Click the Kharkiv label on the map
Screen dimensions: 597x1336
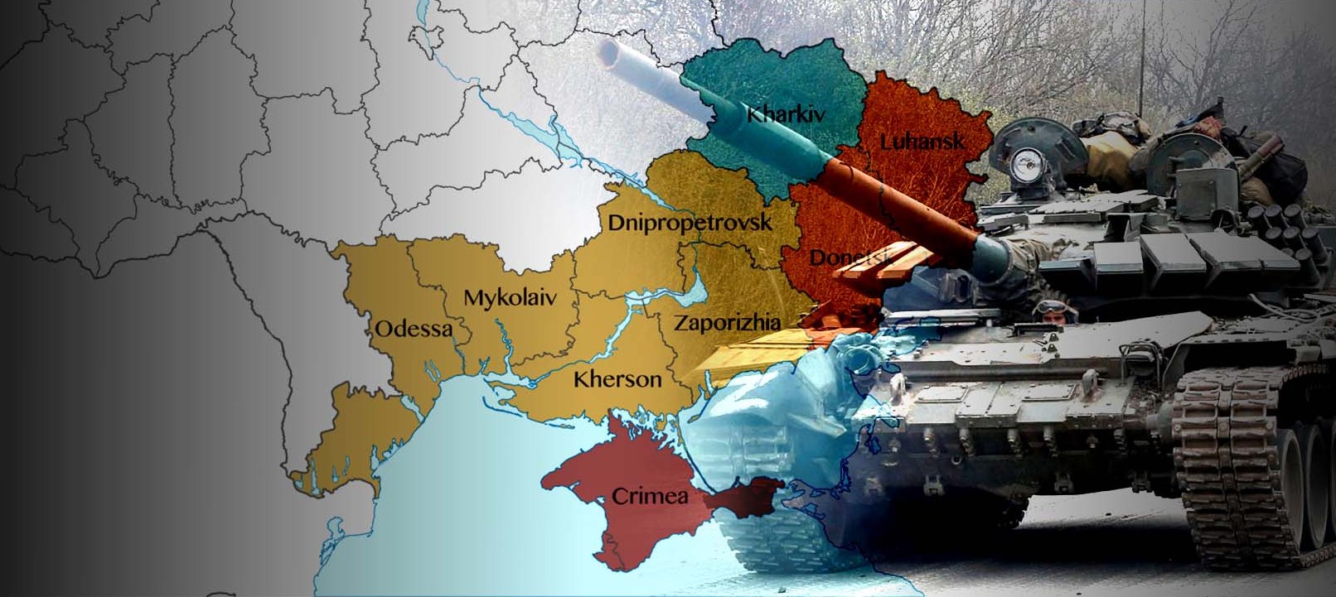click(786, 113)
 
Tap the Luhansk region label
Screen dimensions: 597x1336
click(922, 142)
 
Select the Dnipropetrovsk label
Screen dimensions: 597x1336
click(690, 222)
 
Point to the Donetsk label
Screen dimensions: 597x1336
click(850, 258)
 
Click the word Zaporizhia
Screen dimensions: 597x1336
click(726, 323)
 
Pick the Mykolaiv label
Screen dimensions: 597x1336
click(510, 298)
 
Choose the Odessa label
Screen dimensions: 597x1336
click(414, 330)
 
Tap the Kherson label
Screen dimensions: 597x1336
click(617, 380)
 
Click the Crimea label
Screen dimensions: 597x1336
click(650, 496)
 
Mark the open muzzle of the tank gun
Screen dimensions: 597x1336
click(610, 55)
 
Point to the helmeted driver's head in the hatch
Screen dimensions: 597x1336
click(1054, 312)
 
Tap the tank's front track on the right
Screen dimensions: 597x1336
click(1243, 464)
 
